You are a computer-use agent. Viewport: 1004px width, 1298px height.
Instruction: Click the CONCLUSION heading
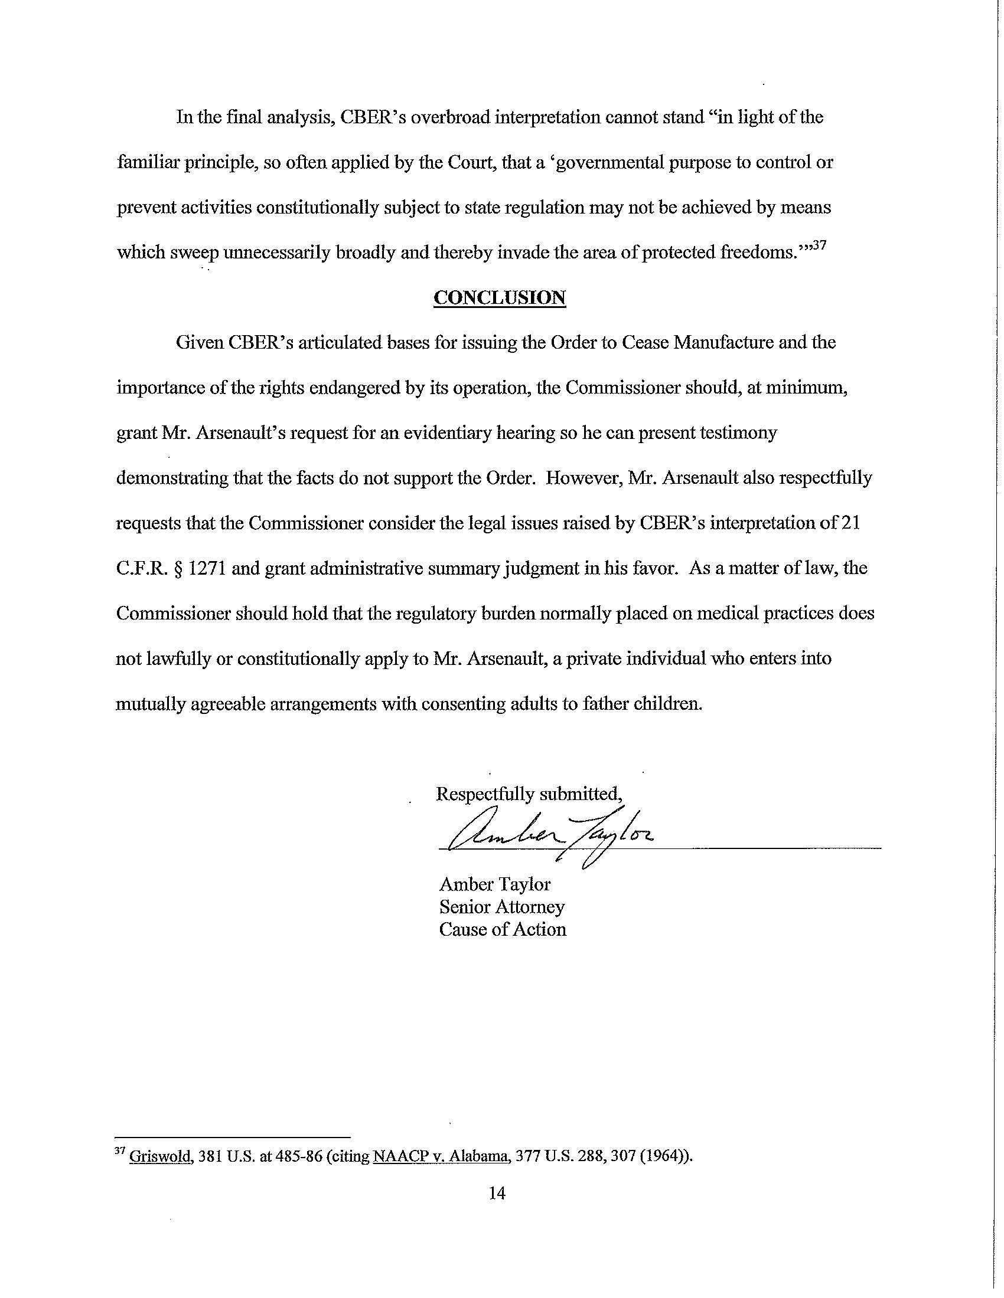pos(500,297)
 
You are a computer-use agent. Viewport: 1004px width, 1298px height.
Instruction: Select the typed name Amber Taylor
pos(495,885)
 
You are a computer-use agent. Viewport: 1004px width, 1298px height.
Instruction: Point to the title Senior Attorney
pos(502,907)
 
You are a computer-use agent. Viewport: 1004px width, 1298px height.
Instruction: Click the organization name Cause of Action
pos(503,930)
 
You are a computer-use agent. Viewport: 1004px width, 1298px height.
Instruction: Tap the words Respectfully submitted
pos(529,795)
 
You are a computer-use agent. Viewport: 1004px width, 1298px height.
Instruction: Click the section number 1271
pos(206,569)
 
